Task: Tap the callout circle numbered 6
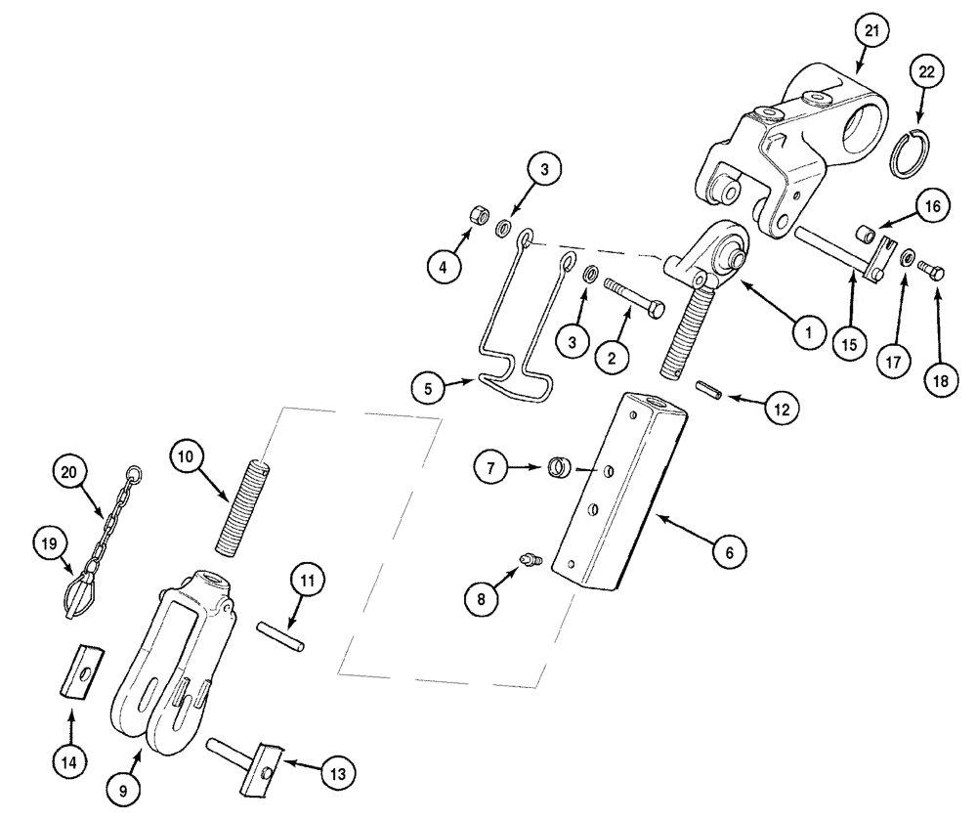point(727,552)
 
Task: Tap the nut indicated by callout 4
point(478,214)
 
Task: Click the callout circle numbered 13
point(336,772)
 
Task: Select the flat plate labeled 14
point(80,671)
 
